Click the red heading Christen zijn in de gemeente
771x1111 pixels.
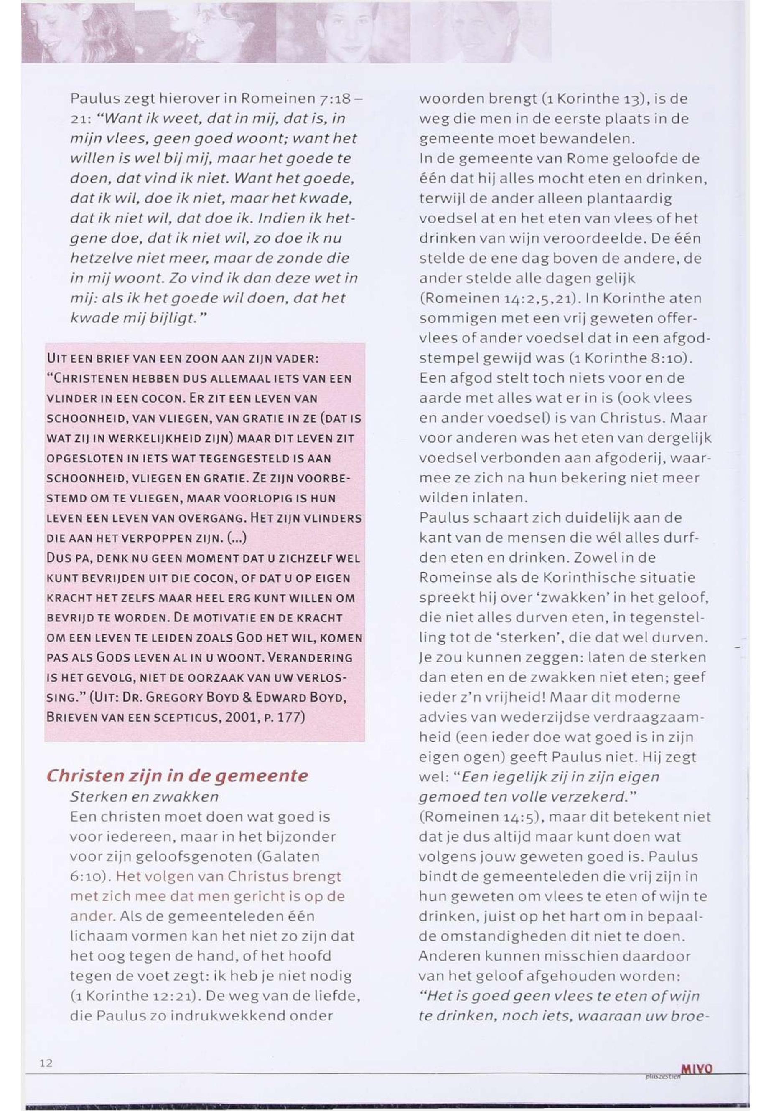tap(177, 776)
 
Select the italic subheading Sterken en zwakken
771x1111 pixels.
tap(144, 796)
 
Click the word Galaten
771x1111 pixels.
tap(289, 857)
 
